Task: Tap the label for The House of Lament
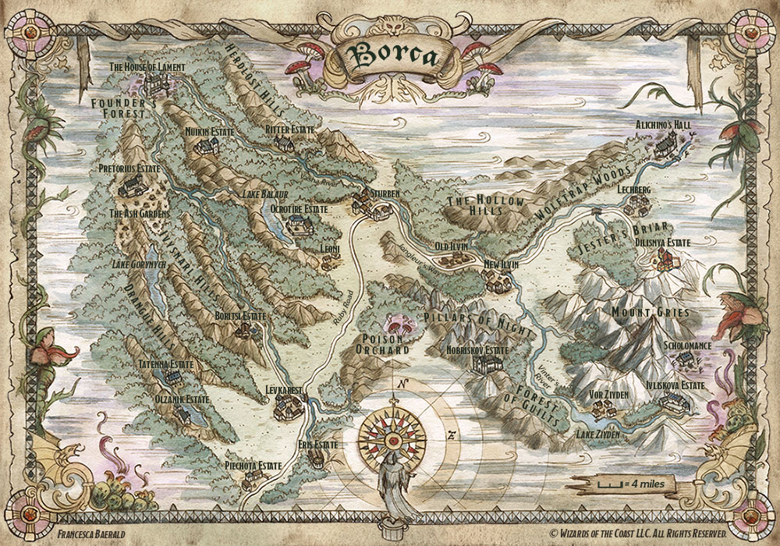[x=147, y=68]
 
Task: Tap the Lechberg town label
[x=633, y=190]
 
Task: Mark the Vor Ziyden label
[x=609, y=395]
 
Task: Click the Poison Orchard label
[x=382, y=345]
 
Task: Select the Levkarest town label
[x=283, y=388]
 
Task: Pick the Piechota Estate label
[x=253, y=466]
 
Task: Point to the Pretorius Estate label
[x=129, y=168]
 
